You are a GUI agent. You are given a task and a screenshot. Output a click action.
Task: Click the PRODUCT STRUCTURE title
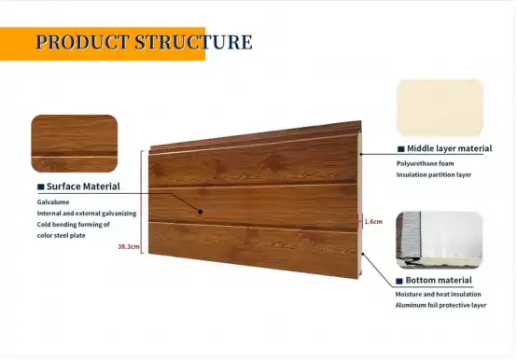(144, 43)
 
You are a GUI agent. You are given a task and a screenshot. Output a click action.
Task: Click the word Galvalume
(54, 201)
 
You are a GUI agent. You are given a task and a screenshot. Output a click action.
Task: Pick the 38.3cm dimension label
(129, 247)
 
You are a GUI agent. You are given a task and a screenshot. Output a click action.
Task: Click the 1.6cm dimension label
(372, 222)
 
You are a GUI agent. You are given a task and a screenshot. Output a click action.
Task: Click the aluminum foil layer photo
(440, 241)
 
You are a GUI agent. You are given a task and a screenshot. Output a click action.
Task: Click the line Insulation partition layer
(434, 174)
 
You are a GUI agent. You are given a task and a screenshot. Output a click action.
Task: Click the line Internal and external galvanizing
(87, 214)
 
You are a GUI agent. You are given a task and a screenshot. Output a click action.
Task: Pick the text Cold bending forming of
(74, 225)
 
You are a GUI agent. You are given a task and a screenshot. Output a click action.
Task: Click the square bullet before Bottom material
(400, 281)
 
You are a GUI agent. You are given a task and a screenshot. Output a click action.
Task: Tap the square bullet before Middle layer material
(400, 148)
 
